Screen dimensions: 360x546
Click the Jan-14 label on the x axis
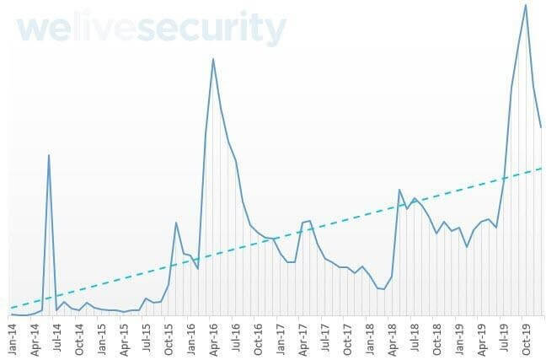(x=13, y=336)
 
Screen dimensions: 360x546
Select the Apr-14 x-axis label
(x=35, y=336)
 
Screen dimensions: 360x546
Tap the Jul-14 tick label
(x=57, y=336)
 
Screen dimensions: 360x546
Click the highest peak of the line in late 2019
(x=526, y=5)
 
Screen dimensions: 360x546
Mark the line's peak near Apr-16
(x=213, y=58)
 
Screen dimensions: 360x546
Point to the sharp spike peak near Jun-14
(x=49, y=155)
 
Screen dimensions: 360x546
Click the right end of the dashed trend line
(x=540, y=168)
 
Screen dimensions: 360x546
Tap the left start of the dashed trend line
(x=12, y=308)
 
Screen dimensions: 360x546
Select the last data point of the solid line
(x=540, y=128)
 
